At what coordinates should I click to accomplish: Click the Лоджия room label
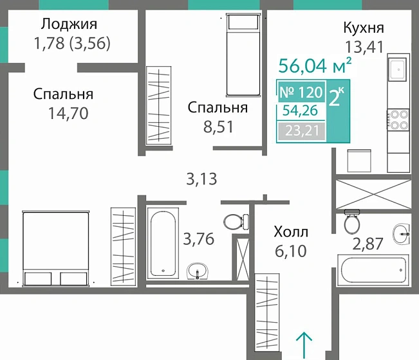[68, 25]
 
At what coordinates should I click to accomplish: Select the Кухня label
[364, 28]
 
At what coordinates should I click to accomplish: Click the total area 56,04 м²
[315, 66]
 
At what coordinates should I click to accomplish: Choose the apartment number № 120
[301, 92]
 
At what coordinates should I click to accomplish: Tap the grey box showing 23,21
[301, 133]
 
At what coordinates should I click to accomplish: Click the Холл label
[291, 231]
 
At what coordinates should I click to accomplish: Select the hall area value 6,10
[290, 250]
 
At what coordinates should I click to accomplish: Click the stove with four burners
[397, 120]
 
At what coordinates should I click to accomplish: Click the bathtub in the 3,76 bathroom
[163, 244]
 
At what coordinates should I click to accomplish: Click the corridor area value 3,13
[201, 179]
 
